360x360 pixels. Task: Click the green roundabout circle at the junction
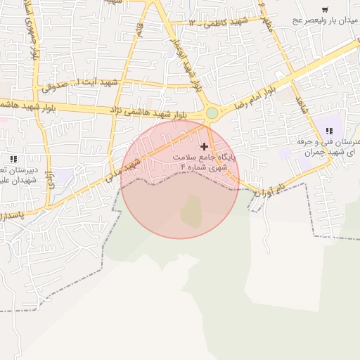click(212, 112)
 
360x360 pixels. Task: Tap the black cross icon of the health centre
click(205, 146)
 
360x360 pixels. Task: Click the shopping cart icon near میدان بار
click(324, 9)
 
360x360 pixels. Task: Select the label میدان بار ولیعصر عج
click(326, 21)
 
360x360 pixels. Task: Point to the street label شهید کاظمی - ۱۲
click(219, 22)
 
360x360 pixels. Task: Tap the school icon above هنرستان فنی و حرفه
click(329, 130)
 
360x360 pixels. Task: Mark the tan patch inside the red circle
click(191, 210)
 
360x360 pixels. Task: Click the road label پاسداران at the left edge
click(13, 214)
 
